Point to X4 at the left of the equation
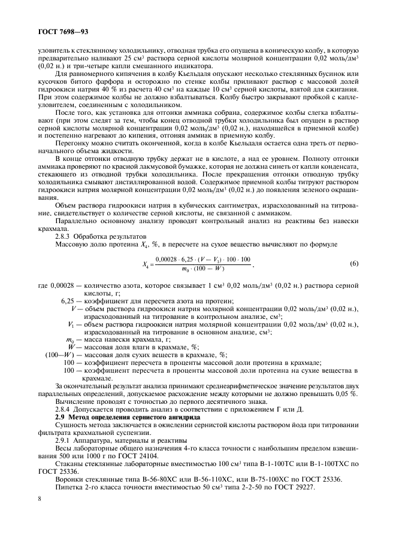tap(146, 264)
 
